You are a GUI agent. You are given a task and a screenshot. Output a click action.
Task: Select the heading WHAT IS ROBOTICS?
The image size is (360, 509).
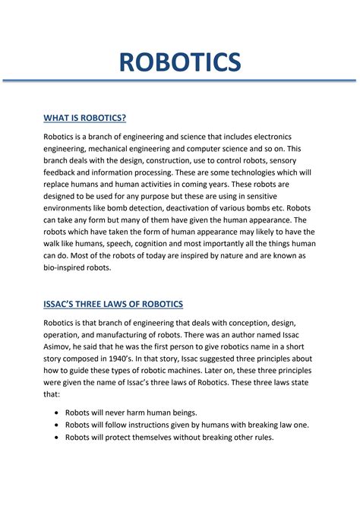84,118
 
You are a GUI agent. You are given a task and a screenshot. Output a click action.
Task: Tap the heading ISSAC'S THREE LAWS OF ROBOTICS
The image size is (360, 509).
113,304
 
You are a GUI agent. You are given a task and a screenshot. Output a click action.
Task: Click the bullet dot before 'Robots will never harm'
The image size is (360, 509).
58,412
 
